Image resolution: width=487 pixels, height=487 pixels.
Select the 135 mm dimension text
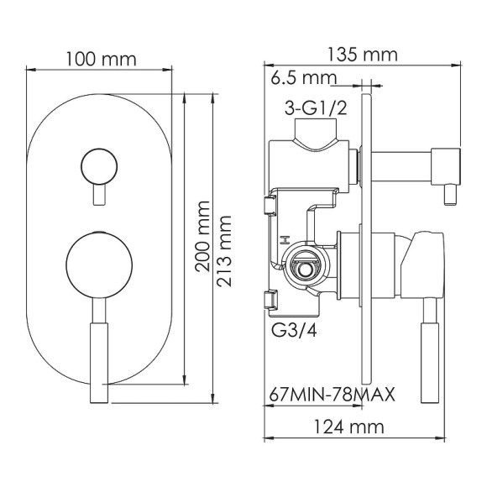361,55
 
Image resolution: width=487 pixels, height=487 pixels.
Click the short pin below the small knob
101,196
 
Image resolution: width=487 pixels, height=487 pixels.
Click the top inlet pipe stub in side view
320,137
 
